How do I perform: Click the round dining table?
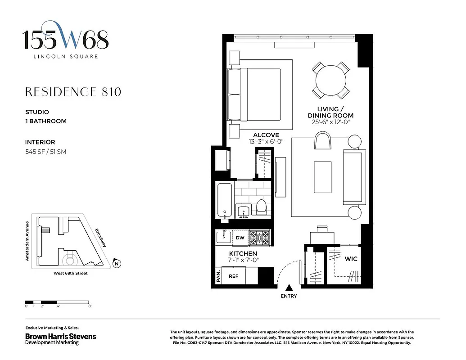pyautogui.click(x=332, y=81)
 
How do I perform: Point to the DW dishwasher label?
pyautogui.click(x=240, y=237)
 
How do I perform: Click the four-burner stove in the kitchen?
pyautogui.click(x=261, y=237)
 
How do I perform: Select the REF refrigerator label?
pyautogui.click(x=233, y=276)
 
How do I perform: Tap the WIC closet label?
pyautogui.click(x=351, y=260)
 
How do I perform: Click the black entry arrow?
pyautogui.click(x=289, y=288)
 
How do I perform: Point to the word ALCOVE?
pyautogui.click(x=266, y=135)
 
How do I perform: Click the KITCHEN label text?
pyautogui.click(x=243, y=254)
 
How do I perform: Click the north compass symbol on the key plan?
pyautogui.click(x=117, y=264)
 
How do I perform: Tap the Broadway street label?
pyautogui.click(x=101, y=238)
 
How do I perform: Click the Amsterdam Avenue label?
pyautogui.click(x=27, y=241)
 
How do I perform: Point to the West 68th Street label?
pyautogui.click(x=67, y=273)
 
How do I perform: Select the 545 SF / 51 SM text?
pyautogui.click(x=45, y=152)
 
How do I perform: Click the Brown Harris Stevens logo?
pyautogui.click(x=60, y=337)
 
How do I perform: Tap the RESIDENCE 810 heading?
pyautogui.click(x=73, y=92)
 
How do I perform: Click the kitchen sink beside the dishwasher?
pyautogui.click(x=222, y=236)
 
